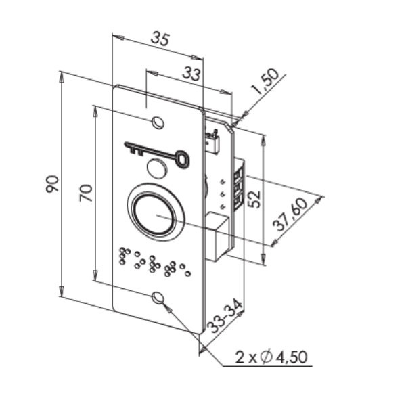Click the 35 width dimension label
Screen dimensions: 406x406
tap(160, 39)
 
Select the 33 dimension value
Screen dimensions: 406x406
tap(191, 74)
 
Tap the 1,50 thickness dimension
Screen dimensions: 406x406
tap(266, 81)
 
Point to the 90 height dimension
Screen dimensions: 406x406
tap(52, 184)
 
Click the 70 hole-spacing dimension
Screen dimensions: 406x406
tap(86, 193)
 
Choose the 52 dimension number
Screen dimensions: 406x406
tap(254, 200)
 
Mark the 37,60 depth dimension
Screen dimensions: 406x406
tap(290, 215)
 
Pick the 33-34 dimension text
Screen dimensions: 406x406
tap(225, 317)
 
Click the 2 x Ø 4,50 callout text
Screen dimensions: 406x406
tap(271, 357)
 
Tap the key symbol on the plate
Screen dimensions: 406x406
tap(157, 154)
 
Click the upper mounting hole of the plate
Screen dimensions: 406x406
tap(158, 122)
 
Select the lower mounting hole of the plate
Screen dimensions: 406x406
tap(158, 298)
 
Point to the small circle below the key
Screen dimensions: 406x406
tap(157, 168)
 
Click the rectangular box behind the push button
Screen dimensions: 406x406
tap(217, 236)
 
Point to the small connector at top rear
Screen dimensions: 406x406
tap(212, 141)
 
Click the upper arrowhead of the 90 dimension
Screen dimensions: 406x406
tap(62, 77)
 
